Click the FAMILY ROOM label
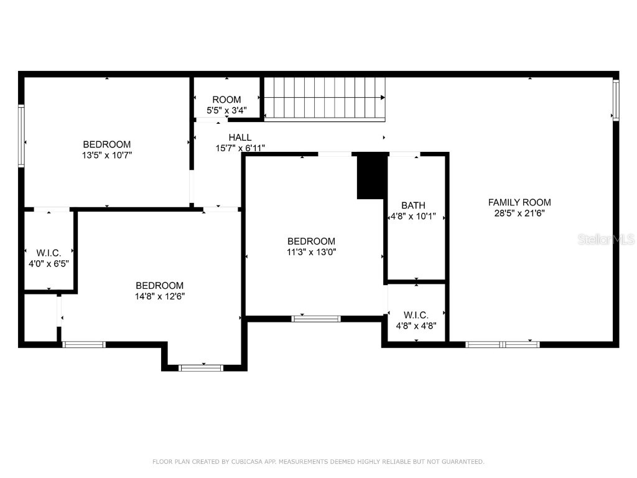pos(519,202)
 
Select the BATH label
pos(413,205)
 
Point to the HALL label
pos(240,138)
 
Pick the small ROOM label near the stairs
pos(226,100)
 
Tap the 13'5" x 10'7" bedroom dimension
pos(107,156)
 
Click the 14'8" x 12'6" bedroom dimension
pos(160,296)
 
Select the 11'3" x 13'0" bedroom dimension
pos(311,252)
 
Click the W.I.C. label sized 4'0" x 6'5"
pos(49,253)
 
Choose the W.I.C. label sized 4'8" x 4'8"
pos(416,315)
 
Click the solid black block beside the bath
pos(371,177)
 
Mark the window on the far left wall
pos(21,136)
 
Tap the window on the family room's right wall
pos(616,100)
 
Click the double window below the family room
pos(503,344)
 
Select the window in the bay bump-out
pos(201,368)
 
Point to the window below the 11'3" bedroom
pos(316,319)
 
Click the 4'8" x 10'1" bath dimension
pos(413,217)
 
